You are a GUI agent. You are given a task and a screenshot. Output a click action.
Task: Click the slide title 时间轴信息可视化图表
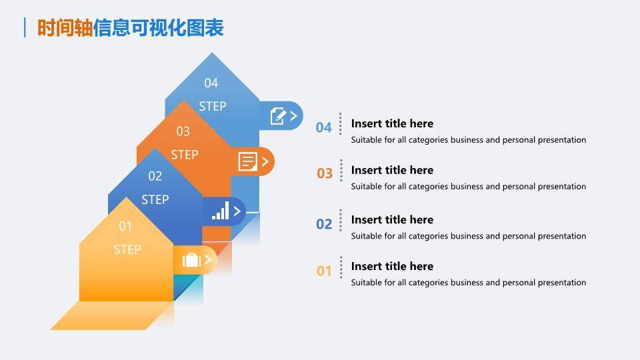pos(130,27)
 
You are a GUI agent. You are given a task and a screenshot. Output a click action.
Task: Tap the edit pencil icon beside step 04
pos(277,116)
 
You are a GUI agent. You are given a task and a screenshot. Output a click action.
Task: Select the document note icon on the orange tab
pos(248,161)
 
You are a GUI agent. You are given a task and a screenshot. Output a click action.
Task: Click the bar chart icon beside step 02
pos(220,211)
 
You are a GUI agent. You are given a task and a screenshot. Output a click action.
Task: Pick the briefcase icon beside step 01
pos(191,260)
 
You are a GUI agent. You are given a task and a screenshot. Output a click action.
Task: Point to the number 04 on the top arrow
pos(211,83)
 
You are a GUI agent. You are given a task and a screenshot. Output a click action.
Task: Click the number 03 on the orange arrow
pos(183,131)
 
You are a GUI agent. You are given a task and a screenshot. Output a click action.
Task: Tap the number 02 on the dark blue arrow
pos(155,176)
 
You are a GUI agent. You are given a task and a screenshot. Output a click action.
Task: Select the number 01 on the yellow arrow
pos(126,226)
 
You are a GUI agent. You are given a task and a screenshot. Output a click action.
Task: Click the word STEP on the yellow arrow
pos(127,249)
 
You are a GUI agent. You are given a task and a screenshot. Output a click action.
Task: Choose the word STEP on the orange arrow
pos(185,155)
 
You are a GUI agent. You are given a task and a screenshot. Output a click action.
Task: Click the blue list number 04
pos(324,127)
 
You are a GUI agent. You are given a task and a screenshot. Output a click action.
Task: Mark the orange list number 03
pos(325,174)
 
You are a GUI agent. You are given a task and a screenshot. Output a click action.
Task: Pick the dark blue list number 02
pos(324,224)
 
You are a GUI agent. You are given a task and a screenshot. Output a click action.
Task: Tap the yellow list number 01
pos(324,271)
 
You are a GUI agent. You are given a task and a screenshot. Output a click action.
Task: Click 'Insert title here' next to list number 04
pos(392,123)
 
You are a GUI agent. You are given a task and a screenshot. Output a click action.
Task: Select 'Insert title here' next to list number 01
pos(392,266)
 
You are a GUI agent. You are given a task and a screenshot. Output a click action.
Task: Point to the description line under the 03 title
pos(468,187)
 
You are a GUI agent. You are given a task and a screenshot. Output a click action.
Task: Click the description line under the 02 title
pos(468,236)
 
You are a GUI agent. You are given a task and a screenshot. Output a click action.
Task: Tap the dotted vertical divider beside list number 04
pos(341,124)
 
